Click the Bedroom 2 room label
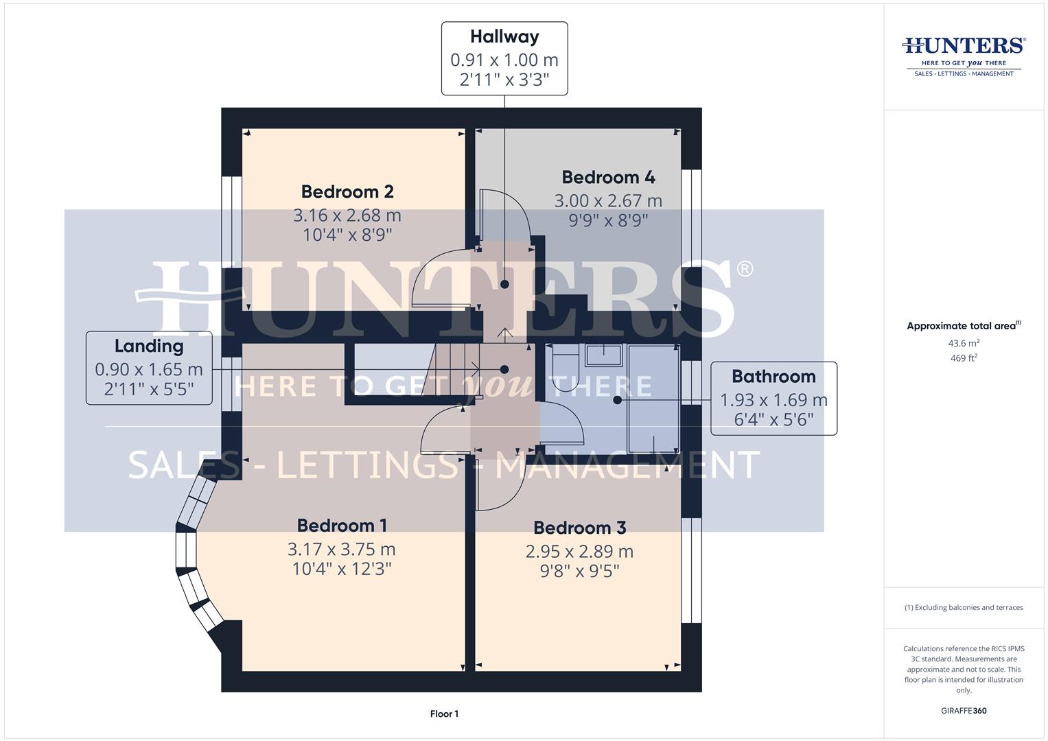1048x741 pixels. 347,191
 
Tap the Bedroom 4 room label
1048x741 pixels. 608,177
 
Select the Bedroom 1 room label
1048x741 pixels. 342,526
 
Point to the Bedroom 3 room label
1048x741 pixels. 579,528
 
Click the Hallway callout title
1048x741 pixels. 504,36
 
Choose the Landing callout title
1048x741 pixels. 149,346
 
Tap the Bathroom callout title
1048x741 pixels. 773,376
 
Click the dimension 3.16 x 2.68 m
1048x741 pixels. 347,215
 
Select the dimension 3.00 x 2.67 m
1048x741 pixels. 608,201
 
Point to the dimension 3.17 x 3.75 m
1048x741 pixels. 342,550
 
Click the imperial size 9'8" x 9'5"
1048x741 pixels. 579,571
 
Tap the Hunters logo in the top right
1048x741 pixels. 964,56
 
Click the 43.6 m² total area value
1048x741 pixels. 964,343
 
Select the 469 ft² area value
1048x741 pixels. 964,358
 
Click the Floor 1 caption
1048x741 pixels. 444,714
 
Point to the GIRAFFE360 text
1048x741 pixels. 964,711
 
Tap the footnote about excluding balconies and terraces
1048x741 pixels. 964,607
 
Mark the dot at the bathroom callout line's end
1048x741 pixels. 617,399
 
